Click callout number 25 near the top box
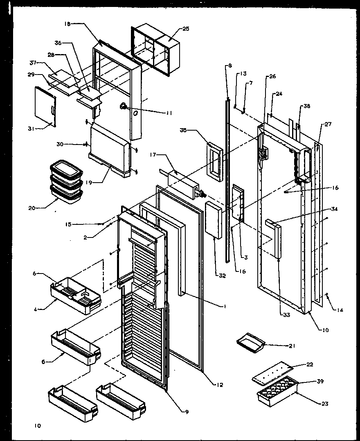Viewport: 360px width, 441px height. (x=186, y=29)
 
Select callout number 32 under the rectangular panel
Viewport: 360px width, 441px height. (x=222, y=276)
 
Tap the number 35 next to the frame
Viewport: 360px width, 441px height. (x=182, y=131)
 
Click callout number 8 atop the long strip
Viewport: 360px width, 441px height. (x=230, y=65)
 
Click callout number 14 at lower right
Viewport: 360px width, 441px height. (x=340, y=310)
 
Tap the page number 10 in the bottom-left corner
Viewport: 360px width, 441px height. (x=38, y=425)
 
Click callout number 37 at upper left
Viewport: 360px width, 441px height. (x=34, y=63)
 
